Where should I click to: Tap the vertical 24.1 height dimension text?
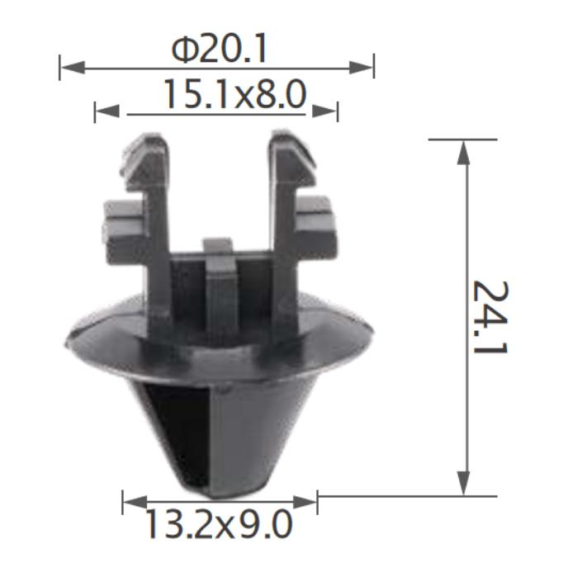coord(490,317)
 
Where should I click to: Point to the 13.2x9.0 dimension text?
coord(218,523)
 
